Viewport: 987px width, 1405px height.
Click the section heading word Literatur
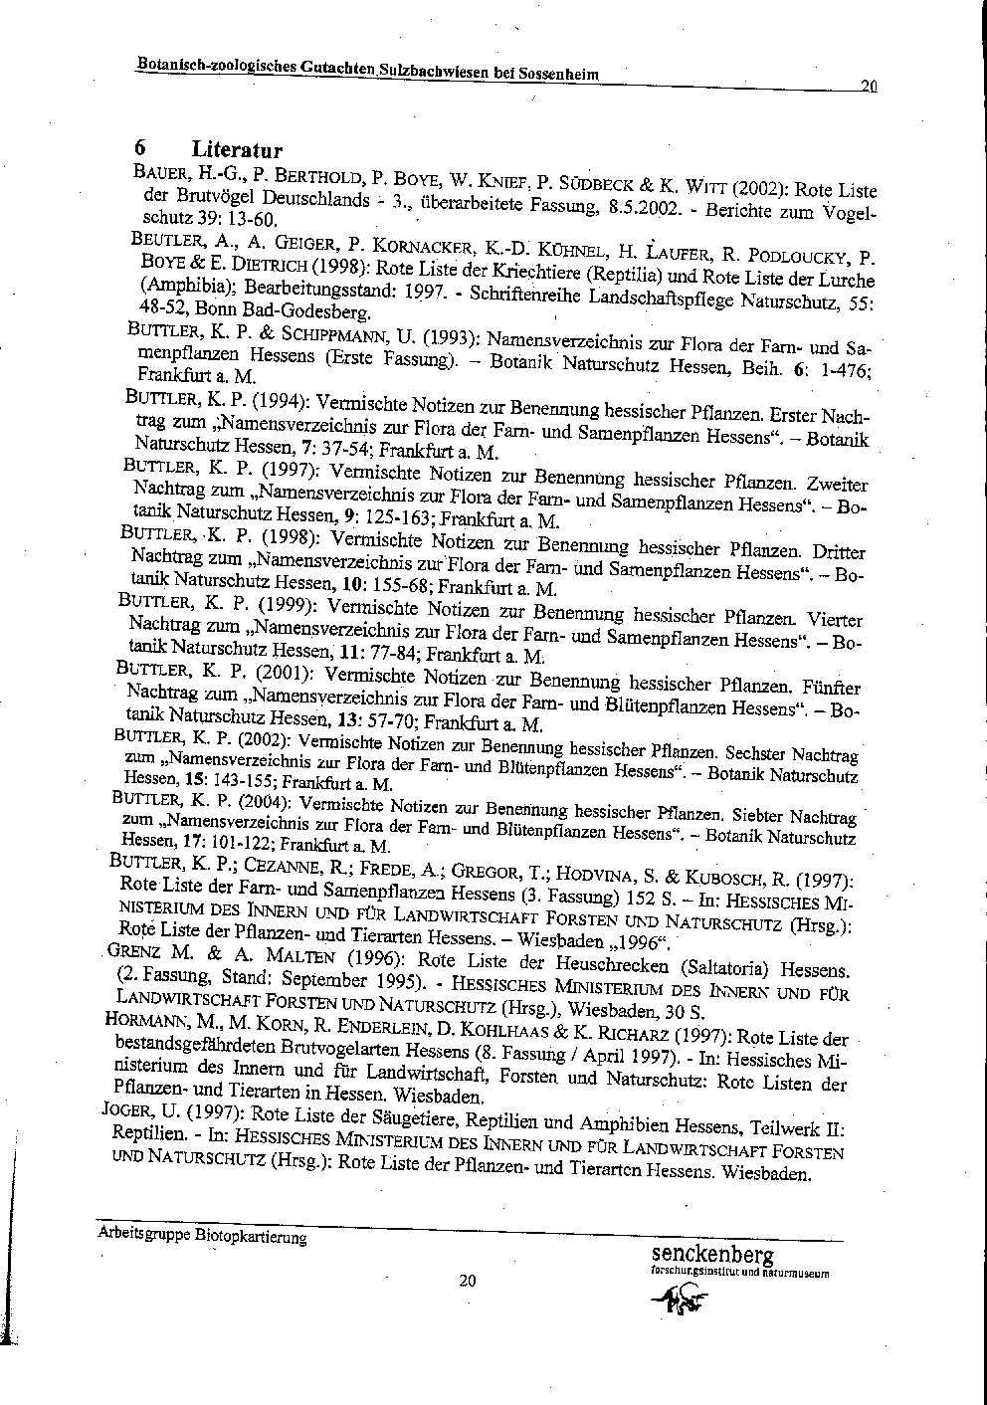pos(237,150)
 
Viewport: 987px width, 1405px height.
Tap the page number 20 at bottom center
pos(468,1280)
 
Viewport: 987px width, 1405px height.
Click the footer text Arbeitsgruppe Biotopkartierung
pos(202,1237)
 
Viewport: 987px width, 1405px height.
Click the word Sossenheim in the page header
pos(553,77)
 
